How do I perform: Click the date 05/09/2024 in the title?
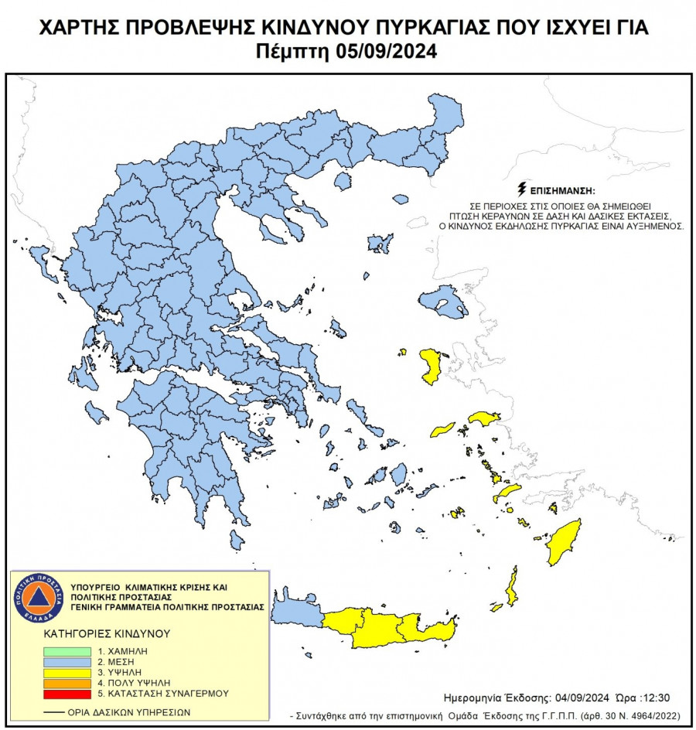point(387,53)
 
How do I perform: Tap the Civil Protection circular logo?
point(37,598)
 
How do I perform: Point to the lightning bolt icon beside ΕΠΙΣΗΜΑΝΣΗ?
point(522,189)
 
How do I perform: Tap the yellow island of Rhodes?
point(565,541)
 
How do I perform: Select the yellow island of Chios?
point(430,366)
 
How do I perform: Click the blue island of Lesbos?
point(443,301)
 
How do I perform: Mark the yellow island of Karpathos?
point(511,586)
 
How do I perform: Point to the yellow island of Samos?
point(484,418)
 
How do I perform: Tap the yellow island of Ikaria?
point(443,428)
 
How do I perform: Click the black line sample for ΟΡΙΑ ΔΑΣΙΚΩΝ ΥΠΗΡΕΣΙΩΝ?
point(53,712)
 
